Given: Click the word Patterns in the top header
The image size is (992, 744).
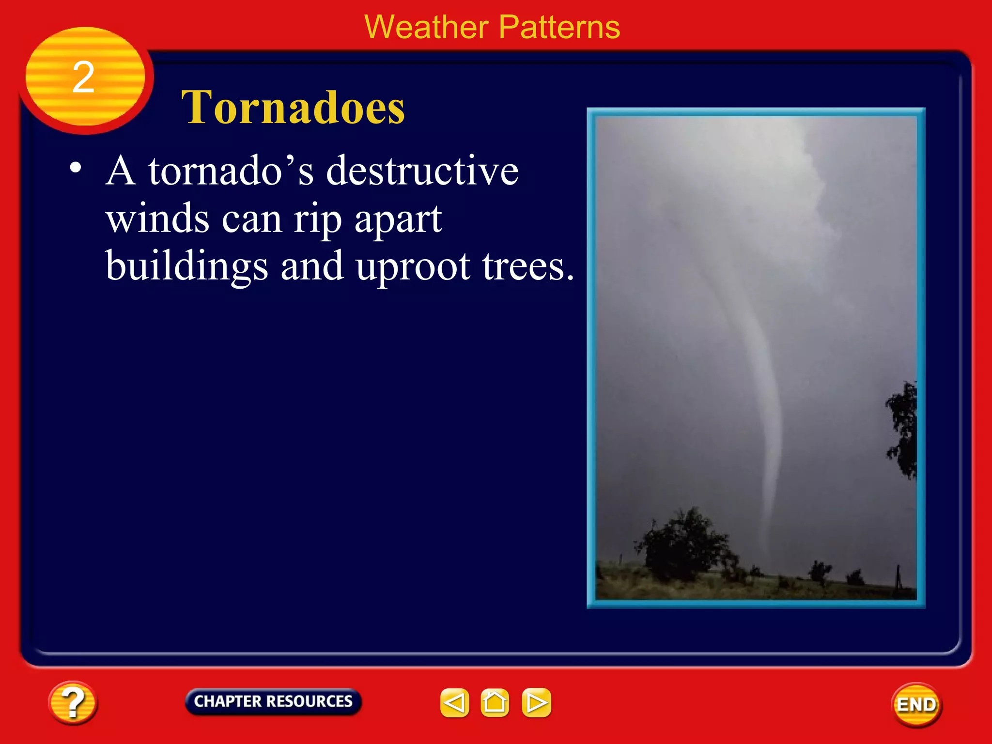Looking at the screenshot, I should [x=559, y=27].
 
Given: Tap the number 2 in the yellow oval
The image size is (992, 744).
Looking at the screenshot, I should [x=83, y=77].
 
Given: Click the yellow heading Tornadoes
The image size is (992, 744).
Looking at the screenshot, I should [x=293, y=108].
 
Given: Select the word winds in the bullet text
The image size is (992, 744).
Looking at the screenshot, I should [x=157, y=218].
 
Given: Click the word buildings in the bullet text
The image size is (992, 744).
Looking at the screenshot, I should [x=186, y=267].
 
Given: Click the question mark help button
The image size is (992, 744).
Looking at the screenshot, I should [x=73, y=703].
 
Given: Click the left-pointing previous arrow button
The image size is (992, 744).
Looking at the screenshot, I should [x=454, y=703].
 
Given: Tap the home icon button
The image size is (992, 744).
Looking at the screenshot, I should [x=495, y=703].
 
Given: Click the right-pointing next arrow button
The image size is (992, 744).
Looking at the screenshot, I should [x=536, y=703].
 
